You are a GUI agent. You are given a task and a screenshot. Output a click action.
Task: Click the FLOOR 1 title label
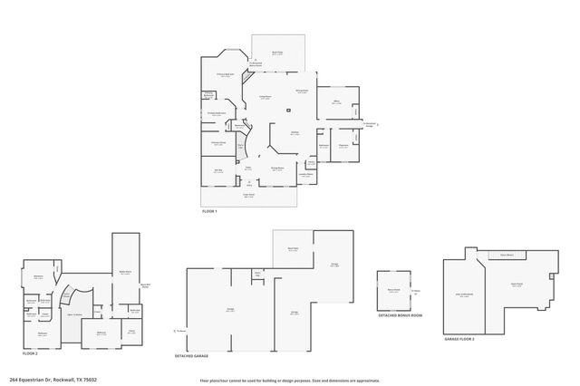click(210, 211)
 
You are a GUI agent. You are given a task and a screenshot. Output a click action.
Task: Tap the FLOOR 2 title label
click(29, 353)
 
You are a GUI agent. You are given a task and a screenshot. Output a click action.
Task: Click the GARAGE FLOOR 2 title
click(459, 338)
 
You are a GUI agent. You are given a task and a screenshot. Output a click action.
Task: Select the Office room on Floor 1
click(335, 103)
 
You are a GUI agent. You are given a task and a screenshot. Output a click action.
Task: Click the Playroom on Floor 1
click(343, 146)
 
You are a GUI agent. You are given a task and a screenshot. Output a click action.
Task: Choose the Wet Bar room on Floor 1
click(218, 170)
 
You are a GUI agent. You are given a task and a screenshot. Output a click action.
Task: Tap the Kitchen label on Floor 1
click(295, 132)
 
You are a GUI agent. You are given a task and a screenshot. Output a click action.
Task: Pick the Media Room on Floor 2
click(126, 272)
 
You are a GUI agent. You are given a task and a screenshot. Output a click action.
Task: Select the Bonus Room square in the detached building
click(394, 291)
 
